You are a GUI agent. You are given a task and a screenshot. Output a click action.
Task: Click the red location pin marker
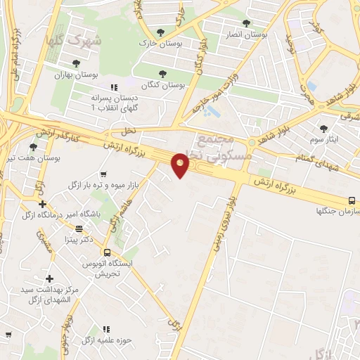coord(181,165)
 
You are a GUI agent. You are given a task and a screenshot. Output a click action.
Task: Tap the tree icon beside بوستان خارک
coord(161,32)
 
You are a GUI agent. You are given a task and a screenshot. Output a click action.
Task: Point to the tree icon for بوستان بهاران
coord(76,63)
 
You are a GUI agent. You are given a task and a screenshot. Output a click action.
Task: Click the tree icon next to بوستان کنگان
coord(162,73)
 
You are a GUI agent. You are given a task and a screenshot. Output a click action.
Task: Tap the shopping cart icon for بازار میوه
coord(103,174)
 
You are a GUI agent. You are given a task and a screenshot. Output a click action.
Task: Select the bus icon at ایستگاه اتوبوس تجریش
coord(107,252)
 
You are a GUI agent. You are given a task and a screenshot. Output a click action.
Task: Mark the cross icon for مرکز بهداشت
coord(49,279)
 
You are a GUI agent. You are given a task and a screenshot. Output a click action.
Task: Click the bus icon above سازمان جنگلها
coord(352,199)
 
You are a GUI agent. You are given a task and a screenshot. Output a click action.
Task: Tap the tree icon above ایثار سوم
coord(323,129)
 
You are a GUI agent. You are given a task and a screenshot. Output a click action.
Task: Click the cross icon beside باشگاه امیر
coord(43,204)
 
